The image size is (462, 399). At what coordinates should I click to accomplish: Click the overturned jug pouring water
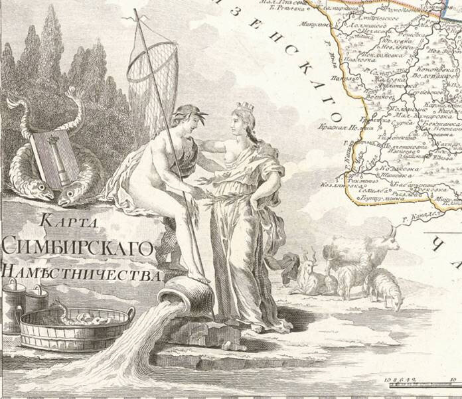coord(177,293)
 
